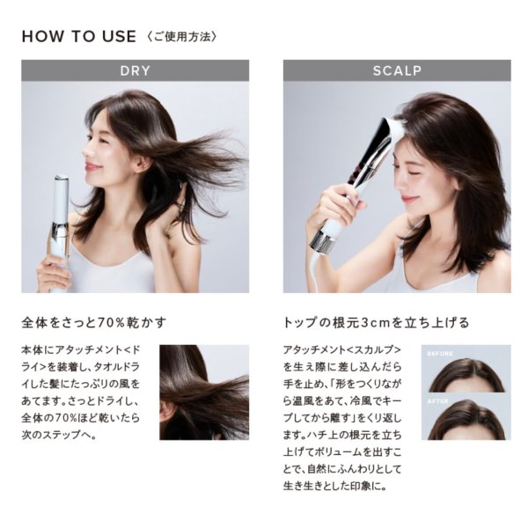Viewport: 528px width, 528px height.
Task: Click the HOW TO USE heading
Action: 78,36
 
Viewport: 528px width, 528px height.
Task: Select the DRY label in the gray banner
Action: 135,70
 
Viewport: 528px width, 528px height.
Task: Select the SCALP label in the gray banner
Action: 396,70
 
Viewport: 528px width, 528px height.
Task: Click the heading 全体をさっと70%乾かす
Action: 94,321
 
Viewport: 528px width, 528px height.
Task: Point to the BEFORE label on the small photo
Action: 440,353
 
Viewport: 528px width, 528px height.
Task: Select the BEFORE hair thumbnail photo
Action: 466,370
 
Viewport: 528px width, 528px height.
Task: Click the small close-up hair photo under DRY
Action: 203,392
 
